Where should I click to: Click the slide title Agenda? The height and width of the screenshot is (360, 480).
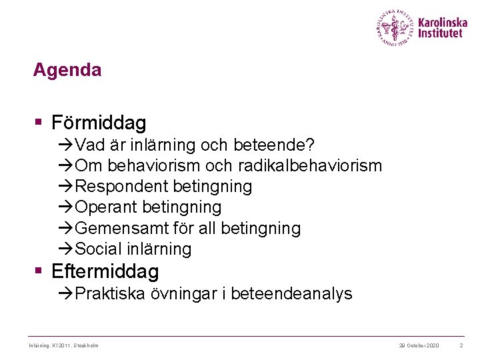tap(67, 70)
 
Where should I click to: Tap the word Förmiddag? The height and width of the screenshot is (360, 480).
tap(98, 123)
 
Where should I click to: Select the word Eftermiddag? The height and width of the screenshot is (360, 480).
tap(105, 272)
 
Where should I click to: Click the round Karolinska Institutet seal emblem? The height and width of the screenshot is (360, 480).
tap(395, 27)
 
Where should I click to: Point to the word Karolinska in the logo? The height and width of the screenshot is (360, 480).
tap(443, 22)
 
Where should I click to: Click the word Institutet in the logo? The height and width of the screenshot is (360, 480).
tap(440, 33)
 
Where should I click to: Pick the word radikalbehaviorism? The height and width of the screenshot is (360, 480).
tap(313, 165)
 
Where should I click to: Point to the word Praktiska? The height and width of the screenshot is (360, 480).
tap(110, 294)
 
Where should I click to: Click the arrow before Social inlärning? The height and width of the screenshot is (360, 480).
tap(65, 249)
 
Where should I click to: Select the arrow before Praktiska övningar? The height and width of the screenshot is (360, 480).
tap(65, 294)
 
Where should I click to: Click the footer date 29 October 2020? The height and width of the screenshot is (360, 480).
tap(419, 345)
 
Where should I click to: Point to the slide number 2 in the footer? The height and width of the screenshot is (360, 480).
tap(461, 345)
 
